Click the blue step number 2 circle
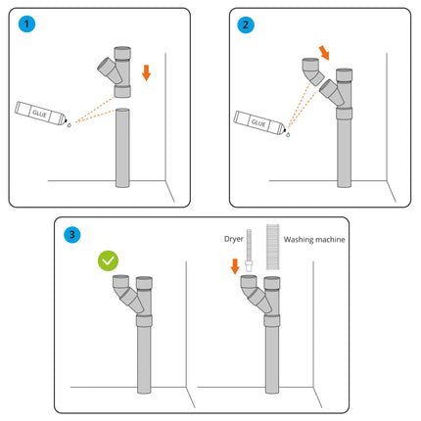244,23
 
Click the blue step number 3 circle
70,234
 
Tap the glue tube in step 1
39,114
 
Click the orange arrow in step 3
235,266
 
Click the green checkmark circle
109,261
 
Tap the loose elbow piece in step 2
309,75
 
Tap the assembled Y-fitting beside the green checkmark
135,299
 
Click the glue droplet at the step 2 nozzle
287,135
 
